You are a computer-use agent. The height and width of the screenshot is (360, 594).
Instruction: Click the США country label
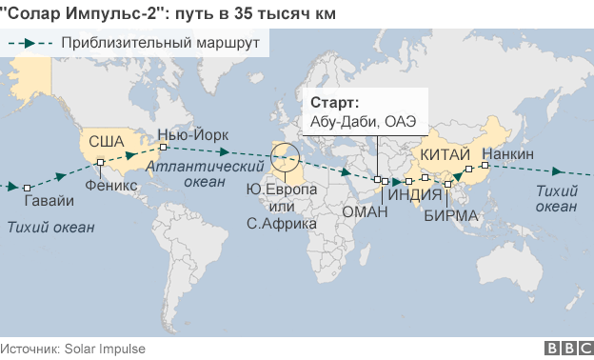[107, 142]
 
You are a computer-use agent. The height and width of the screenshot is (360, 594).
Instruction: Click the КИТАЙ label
[444, 154]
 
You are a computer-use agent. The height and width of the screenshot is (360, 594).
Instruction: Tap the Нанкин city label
[507, 154]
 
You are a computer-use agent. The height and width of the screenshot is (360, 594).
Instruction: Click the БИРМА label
[451, 215]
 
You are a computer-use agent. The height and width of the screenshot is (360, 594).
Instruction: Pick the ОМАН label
[363, 212]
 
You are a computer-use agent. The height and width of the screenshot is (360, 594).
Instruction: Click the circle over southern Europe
[284, 157]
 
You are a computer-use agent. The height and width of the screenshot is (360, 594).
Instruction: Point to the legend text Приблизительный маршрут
[161, 43]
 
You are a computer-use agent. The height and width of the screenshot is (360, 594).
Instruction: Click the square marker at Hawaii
[28, 187]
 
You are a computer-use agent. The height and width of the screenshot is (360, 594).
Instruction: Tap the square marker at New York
[164, 148]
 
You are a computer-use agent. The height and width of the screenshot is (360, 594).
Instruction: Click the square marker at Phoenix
[100, 163]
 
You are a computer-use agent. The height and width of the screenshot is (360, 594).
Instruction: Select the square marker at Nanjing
[468, 169]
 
